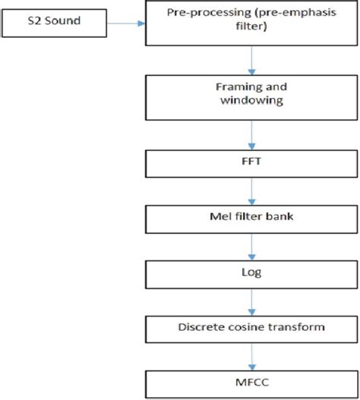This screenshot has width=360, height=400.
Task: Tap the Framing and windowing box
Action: [x=251, y=95]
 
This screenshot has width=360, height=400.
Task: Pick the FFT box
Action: [x=251, y=162]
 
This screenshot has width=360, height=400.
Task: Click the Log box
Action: [x=251, y=271]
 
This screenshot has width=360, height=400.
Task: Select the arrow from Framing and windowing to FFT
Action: [x=251, y=135]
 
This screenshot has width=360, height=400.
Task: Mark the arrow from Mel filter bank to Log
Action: [x=251, y=245]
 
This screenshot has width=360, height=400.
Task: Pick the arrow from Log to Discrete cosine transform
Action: [x=251, y=299]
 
